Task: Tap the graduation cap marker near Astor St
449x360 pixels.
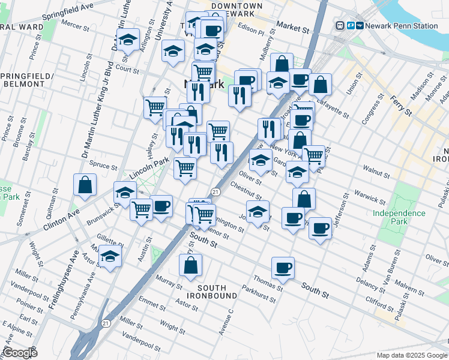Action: pos(110,257)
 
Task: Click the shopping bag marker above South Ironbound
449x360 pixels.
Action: pos(190,266)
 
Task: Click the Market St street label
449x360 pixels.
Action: pos(292,26)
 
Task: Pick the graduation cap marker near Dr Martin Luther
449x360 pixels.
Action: pos(128,41)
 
